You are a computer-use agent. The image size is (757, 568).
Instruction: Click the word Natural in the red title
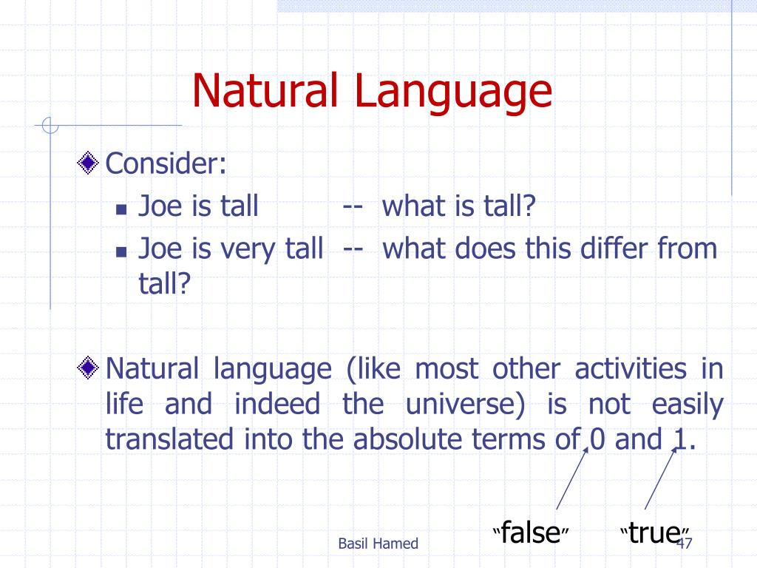point(265,90)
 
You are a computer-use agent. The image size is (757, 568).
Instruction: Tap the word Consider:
point(166,163)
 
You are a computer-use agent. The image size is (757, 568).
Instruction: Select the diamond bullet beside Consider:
point(88,163)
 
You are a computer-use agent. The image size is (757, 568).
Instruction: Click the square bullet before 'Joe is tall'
point(121,209)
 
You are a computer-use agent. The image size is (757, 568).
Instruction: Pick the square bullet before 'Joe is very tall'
point(121,251)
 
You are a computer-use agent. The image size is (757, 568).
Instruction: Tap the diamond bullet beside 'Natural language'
point(88,368)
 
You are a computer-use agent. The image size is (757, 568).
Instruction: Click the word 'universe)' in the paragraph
point(465,405)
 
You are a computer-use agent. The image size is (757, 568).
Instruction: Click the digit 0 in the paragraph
point(597,439)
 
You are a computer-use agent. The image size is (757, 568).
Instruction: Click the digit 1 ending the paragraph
point(680,439)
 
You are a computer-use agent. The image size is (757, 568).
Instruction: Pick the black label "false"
point(531,532)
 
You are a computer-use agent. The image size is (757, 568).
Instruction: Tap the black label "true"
point(655,532)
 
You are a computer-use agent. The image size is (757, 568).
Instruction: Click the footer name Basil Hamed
point(378,544)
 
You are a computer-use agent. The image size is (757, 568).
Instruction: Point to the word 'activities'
point(631,369)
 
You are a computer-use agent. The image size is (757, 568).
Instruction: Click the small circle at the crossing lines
point(50,126)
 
